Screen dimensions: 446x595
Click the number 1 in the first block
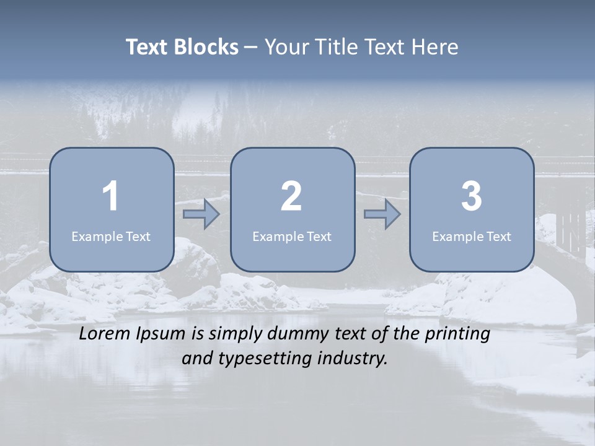(111, 196)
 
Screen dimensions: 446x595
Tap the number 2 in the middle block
(291, 196)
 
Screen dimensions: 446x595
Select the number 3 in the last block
(472, 196)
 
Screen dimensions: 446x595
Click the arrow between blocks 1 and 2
(201, 214)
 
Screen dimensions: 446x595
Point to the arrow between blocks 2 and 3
(382, 214)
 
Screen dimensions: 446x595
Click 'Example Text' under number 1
(111, 237)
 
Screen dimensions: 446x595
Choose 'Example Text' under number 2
(292, 237)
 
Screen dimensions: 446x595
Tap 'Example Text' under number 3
(472, 237)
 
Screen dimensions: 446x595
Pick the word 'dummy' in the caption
(296, 334)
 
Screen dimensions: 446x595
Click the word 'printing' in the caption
(457, 334)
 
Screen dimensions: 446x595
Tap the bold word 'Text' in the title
(147, 47)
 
